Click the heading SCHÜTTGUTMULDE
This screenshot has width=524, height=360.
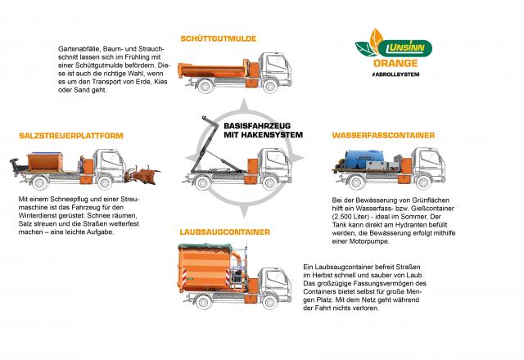point(219,38)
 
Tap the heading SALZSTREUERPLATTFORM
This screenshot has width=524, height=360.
point(71,136)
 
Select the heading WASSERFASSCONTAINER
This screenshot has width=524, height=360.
point(383,135)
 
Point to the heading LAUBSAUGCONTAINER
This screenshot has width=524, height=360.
point(225,232)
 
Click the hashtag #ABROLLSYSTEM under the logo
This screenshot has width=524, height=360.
point(395,74)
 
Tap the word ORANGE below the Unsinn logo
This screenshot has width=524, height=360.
point(395,63)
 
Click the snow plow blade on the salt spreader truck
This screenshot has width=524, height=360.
point(143,174)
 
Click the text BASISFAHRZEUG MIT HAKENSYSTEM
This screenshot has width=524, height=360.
point(263,130)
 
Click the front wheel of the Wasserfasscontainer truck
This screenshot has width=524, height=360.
point(422,182)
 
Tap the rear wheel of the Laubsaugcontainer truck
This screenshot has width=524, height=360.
point(203,302)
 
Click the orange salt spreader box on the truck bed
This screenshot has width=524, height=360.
point(45,161)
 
